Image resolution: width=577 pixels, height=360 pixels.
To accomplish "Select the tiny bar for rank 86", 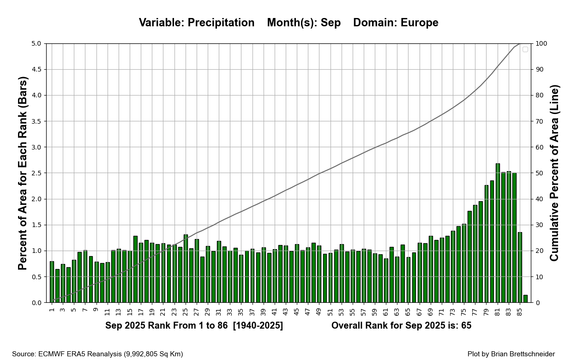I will (x=525, y=299).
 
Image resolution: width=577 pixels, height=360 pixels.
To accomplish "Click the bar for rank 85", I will (x=520, y=268).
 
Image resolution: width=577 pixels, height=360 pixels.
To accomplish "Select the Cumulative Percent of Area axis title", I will (x=554, y=173).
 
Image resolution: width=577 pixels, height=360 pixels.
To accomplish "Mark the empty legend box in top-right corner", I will (x=525, y=49).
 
